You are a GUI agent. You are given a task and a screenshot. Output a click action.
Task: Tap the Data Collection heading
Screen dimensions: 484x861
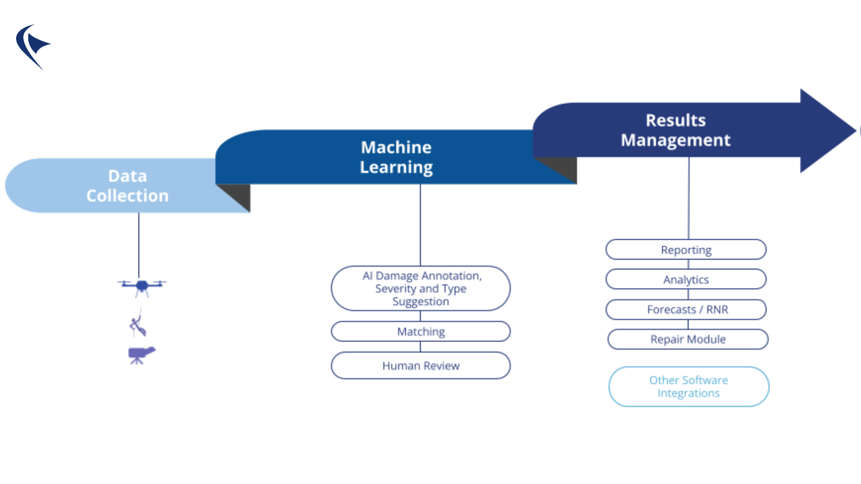[127, 186]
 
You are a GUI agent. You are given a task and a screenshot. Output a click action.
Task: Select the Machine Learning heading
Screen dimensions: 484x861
[396, 157]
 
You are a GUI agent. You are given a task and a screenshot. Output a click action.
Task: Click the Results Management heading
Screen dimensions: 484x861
[675, 130]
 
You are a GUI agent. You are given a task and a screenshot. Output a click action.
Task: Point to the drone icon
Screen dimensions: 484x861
[142, 286]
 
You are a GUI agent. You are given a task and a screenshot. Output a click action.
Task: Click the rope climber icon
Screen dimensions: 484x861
[138, 324]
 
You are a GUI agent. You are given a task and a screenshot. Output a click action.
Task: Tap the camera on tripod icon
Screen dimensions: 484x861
[141, 355]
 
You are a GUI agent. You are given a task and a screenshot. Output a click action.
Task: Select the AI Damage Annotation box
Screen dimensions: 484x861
[421, 289]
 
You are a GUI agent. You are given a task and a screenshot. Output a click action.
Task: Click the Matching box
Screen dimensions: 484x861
[421, 332]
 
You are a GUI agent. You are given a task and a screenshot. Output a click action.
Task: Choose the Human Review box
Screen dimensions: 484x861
[421, 366]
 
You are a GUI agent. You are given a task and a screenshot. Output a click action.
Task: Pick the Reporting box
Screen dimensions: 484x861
[686, 250]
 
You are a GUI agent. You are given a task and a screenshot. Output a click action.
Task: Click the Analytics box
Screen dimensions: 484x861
[686, 280]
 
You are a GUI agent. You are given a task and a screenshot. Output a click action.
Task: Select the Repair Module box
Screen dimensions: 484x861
[688, 339]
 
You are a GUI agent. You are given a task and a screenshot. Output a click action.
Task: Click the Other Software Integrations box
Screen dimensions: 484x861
[689, 387]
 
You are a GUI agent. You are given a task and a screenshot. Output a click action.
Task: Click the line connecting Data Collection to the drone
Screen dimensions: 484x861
[139, 244]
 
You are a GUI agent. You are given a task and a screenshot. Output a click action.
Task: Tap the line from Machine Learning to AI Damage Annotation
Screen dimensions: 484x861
[420, 224]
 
